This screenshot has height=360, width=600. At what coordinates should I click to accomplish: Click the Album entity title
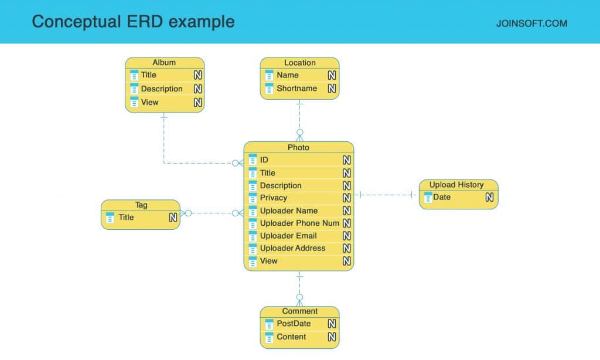pyautogui.click(x=164, y=63)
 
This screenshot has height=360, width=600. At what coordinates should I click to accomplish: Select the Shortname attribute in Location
pyautogui.click(x=296, y=89)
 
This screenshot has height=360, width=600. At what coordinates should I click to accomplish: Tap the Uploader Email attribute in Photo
pyautogui.click(x=288, y=236)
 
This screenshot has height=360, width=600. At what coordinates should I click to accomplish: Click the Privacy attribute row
pyautogui.click(x=274, y=198)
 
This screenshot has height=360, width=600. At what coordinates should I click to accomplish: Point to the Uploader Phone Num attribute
pyautogui.click(x=299, y=223)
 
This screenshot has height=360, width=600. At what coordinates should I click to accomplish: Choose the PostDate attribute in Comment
pyautogui.click(x=294, y=324)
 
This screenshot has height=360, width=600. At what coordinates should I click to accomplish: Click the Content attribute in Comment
pyautogui.click(x=291, y=337)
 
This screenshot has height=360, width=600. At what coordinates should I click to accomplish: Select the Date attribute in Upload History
pyautogui.click(x=442, y=198)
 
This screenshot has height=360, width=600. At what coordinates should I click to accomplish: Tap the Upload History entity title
pyautogui.click(x=456, y=185)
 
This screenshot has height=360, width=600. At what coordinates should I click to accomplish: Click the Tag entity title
pyautogui.click(x=141, y=205)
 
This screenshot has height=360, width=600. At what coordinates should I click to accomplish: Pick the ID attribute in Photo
pyautogui.click(x=264, y=160)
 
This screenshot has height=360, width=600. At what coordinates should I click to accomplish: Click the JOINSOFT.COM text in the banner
pyautogui.click(x=531, y=24)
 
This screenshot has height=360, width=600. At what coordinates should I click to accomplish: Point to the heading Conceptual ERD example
pyautogui.click(x=133, y=22)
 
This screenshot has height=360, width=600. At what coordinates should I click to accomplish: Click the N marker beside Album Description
pyautogui.click(x=198, y=89)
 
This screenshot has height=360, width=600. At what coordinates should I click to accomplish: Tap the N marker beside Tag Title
pyautogui.click(x=173, y=218)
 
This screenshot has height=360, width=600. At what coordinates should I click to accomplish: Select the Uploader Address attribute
pyautogui.click(x=292, y=249)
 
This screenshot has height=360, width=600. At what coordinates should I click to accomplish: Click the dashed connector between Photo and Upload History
pyautogui.click(x=387, y=195)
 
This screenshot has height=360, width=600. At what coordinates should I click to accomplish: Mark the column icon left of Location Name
pyautogui.click(x=269, y=76)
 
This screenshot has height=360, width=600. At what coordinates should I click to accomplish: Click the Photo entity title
pyautogui.click(x=298, y=147)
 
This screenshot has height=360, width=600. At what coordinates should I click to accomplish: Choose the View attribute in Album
pyautogui.click(x=150, y=103)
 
